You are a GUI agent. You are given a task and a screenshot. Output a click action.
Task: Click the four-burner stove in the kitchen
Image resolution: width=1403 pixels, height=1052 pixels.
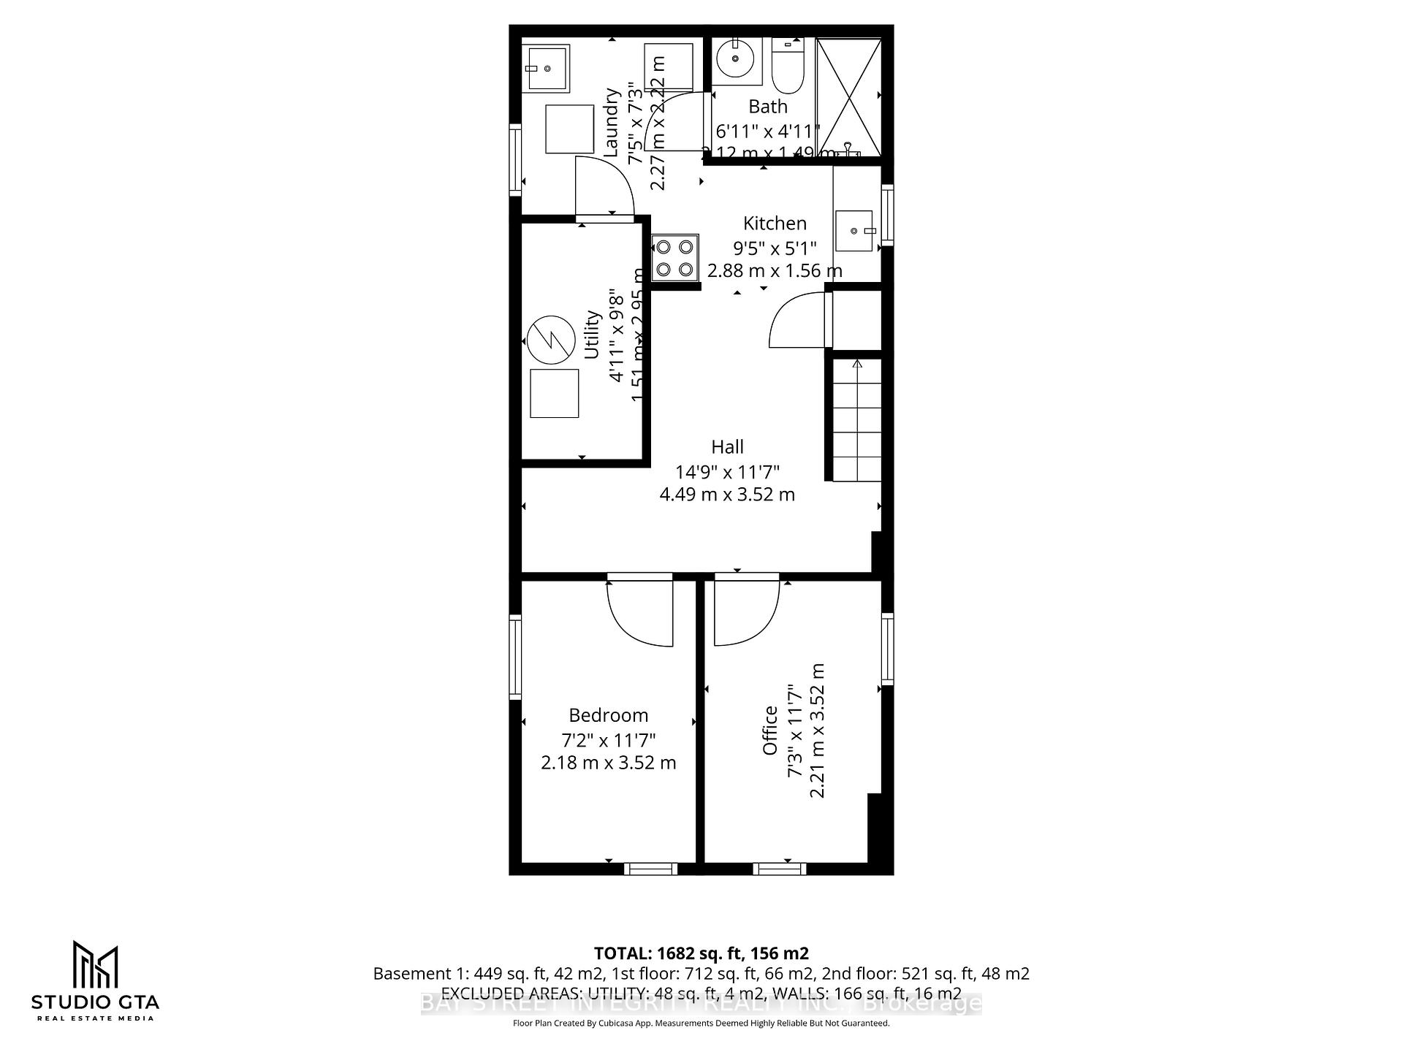pyautogui.click(x=674, y=258)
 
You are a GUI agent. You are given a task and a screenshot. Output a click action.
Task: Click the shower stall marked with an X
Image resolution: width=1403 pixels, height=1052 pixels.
pyautogui.click(x=848, y=96)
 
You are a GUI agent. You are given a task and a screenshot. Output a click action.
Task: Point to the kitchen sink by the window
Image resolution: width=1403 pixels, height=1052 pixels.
pyautogui.click(x=854, y=231)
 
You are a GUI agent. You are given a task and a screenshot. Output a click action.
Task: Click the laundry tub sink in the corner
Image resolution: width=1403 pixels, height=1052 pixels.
pyautogui.click(x=546, y=69)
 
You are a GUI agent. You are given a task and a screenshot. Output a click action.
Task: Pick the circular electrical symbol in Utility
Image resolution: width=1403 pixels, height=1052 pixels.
pyautogui.click(x=550, y=340)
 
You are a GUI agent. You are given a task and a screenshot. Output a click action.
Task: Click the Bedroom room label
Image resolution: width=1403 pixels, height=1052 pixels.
pyautogui.click(x=608, y=715)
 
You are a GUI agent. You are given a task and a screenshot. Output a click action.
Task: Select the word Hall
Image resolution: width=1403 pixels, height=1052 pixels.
pyautogui.click(x=727, y=447)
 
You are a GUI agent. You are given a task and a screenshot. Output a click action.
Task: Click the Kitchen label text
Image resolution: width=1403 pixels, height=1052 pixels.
pyautogui.click(x=775, y=224)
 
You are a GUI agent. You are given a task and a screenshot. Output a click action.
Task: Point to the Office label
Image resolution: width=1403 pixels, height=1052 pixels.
pyautogui.click(x=770, y=731)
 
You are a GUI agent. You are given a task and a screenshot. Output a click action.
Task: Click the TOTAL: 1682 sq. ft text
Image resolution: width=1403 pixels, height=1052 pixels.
pyautogui.click(x=701, y=953)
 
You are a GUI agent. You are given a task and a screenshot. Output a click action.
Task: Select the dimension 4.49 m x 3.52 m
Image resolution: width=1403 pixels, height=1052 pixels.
pyautogui.click(x=727, y=495)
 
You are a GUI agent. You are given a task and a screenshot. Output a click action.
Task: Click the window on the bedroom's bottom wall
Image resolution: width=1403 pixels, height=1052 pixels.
pyautogui.click(x=650, y=869)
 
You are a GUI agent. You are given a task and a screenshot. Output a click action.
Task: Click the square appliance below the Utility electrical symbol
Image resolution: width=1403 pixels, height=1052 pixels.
pyautogui.click(x=554, y=393)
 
